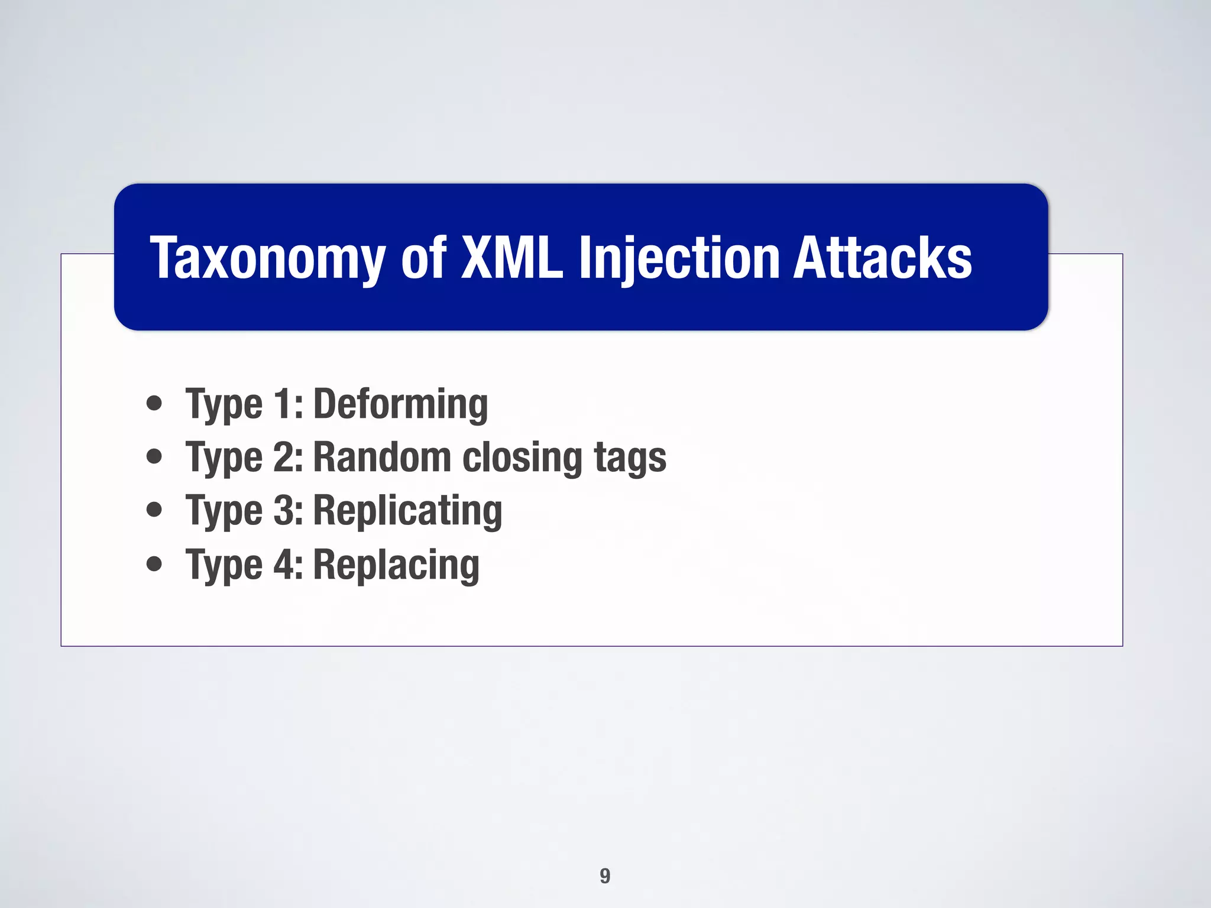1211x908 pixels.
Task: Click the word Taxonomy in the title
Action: (x=267, y=258)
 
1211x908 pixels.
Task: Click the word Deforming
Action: (x=400, y=404)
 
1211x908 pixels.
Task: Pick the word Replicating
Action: (x=407, y=511)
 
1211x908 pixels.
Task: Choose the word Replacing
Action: (x=396, y=565)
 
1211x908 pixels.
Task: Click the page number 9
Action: (x=605, y=875)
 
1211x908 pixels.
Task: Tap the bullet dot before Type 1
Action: (x=154, y=403)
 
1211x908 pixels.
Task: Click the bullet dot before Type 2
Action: (x=154, y=456)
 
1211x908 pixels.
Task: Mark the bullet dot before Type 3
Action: (x=154, y=510)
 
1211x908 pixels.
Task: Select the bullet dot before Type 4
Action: (x=154, y=564)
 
